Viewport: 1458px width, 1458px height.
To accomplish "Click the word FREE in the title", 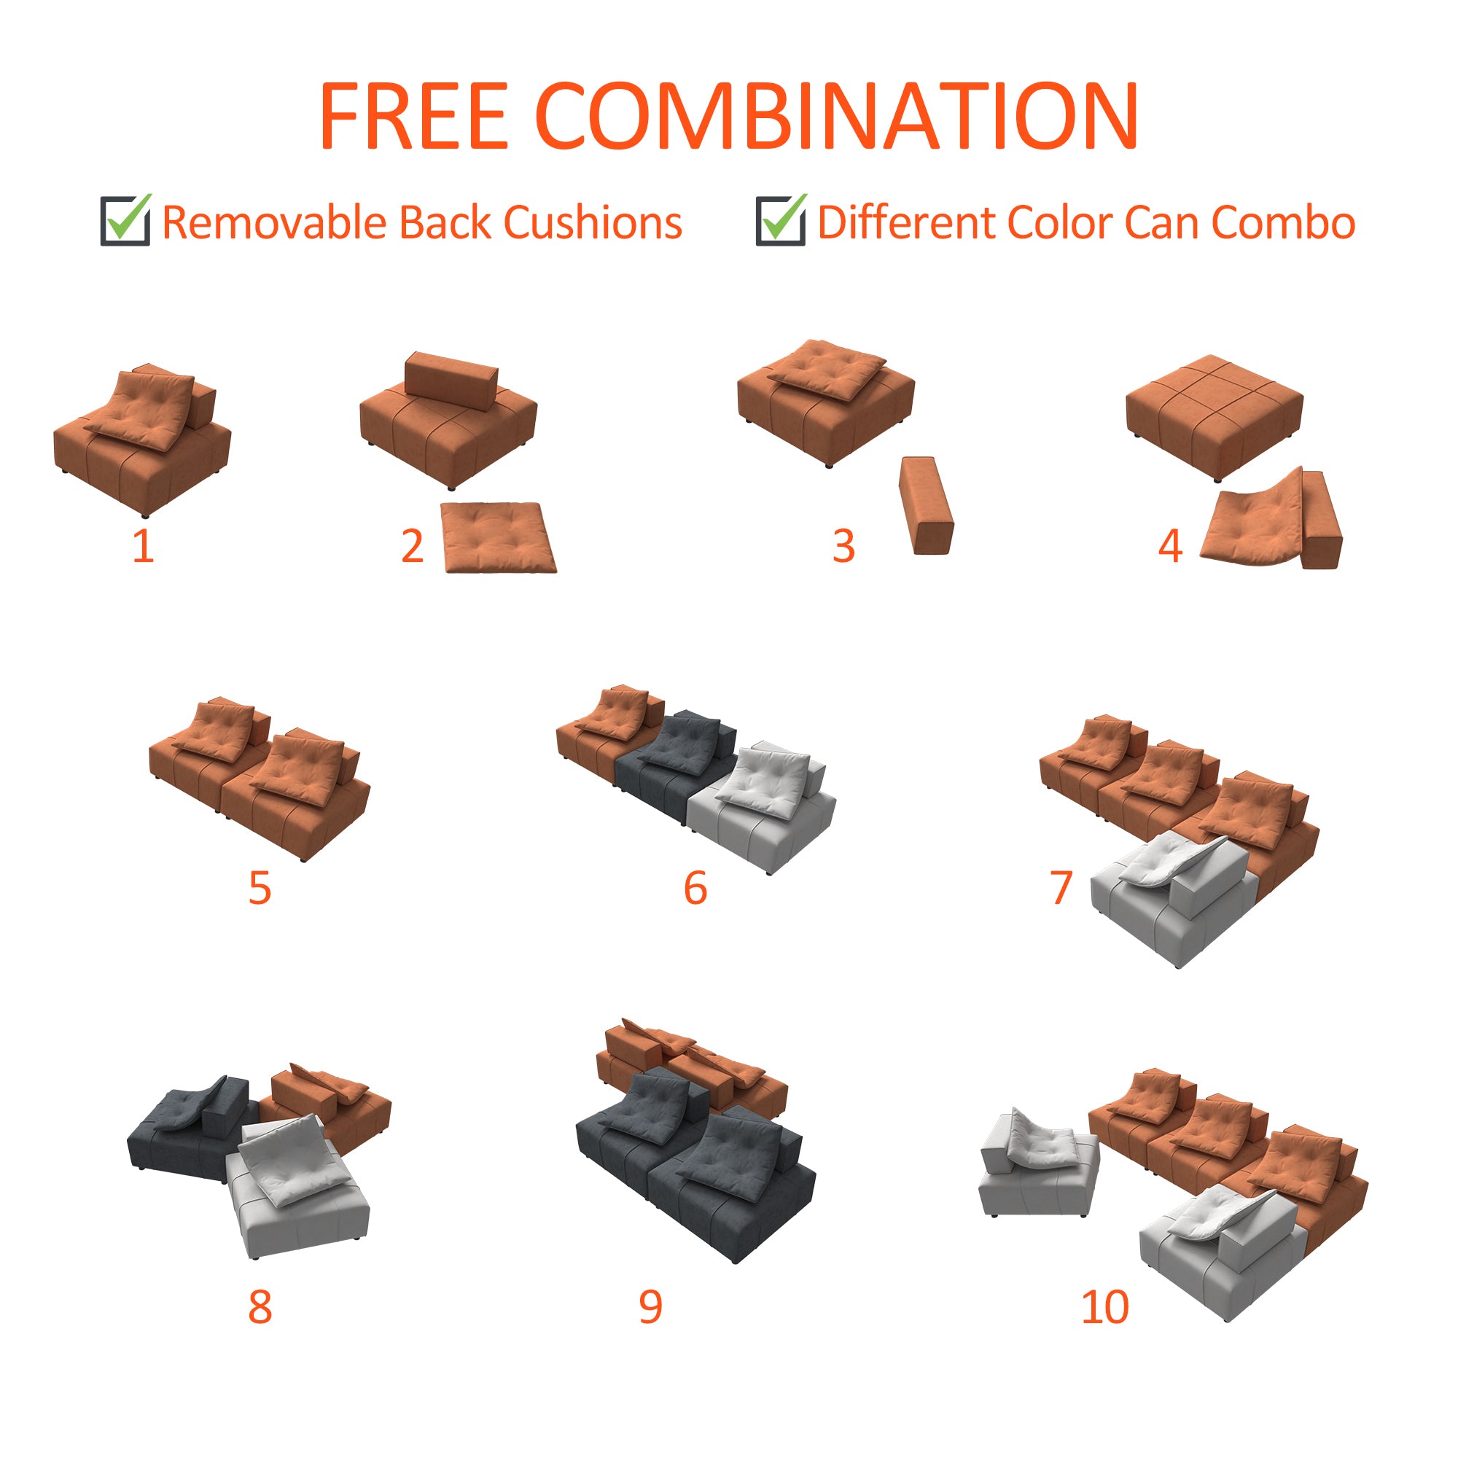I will coord(413,116).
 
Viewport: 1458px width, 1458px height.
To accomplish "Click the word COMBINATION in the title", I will coord(836,116).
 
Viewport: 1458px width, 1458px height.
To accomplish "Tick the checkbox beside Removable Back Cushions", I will coord(125,220).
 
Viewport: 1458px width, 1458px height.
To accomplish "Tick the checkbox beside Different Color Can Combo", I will coord(780,220).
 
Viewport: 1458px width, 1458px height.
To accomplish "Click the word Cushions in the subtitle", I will coord(593,223).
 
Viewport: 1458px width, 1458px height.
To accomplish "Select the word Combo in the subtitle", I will coord(1283,223).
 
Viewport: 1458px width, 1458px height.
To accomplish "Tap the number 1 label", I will coord(144,545).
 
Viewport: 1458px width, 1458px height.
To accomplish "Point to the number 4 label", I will coord(1170,545).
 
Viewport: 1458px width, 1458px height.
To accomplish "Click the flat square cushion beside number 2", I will coord(498,537).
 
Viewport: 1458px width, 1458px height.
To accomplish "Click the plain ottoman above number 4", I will coord(1214,415).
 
